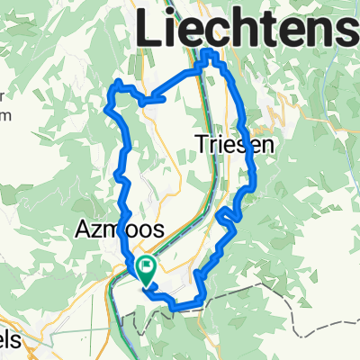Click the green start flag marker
pos(145,266)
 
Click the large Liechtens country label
pos(247,29)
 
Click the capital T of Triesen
pos(201,142)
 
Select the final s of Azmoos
pos(158,231)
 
